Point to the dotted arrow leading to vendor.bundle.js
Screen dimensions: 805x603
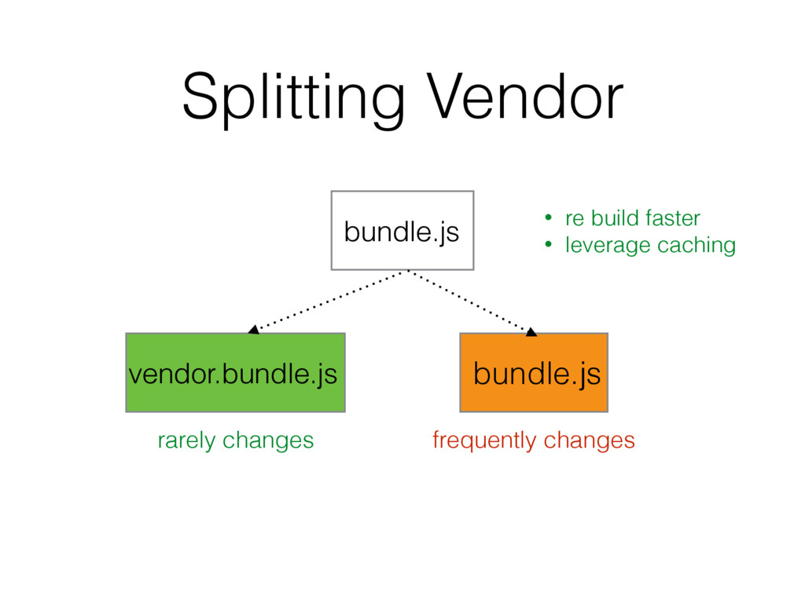click(x=330, y=300)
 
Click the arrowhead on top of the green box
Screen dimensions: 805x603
click(x=253, y=330)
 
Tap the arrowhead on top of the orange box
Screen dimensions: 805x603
click(x=531, y=332)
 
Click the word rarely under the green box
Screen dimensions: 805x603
click(x=186, y=441)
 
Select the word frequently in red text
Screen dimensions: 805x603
click(x=484, y=441)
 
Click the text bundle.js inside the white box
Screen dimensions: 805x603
click(x=402, y=232)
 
